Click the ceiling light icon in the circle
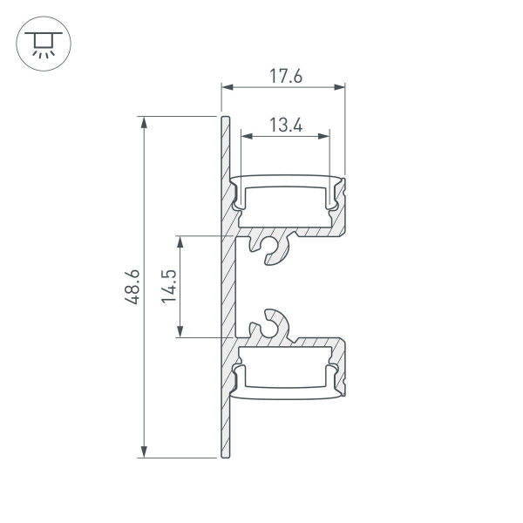click(x=40, y=42)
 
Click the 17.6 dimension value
click(x=285, y=76)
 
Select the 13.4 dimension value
click(x=285, y=126)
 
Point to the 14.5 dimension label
click(x=169, y=286)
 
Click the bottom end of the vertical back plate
click(x=225, y=454)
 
